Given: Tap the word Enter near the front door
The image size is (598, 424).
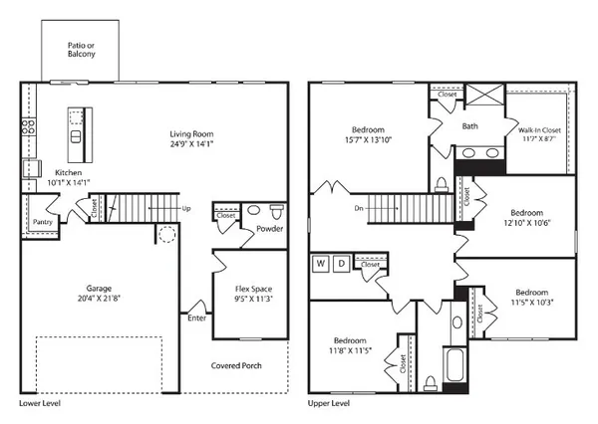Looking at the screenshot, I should [x=195, y=318].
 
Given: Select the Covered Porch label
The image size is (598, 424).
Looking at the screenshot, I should [x=237, y=365].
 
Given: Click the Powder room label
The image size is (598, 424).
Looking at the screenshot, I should [x=270, y=229].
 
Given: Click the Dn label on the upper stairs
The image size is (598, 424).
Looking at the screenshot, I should [x=358, y=209].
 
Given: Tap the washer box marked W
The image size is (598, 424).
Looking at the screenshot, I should [x=321, y=265].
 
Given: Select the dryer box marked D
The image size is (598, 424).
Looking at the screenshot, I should [x=341, y=265].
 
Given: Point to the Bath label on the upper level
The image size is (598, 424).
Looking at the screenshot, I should [x=471, y=126].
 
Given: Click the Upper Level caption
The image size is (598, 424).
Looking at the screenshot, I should [x=331, y=405].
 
